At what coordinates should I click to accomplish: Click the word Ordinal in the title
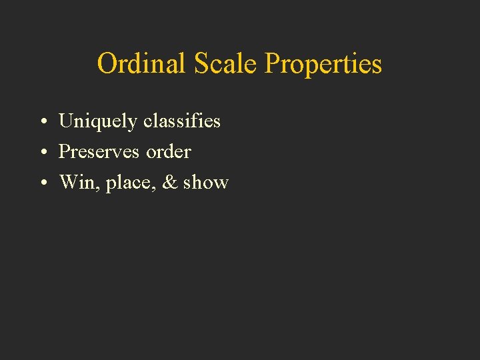tap(142, 64)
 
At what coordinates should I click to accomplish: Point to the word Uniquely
tap(98, 122)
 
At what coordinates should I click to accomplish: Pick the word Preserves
tap(99, 152)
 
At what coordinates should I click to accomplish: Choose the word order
tap(169, 152)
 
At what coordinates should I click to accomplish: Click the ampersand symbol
tap(170, 183)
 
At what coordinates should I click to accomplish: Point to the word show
tap(206, 183)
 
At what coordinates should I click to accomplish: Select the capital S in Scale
tap(201, 64)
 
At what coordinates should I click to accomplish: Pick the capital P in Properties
tap(272, 64)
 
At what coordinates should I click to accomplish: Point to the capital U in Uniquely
tap(67, 121)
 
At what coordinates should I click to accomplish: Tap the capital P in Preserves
tap(64, 152)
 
